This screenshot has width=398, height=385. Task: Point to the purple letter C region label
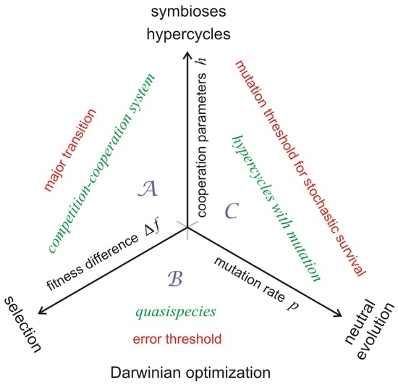tap(232, 212)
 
